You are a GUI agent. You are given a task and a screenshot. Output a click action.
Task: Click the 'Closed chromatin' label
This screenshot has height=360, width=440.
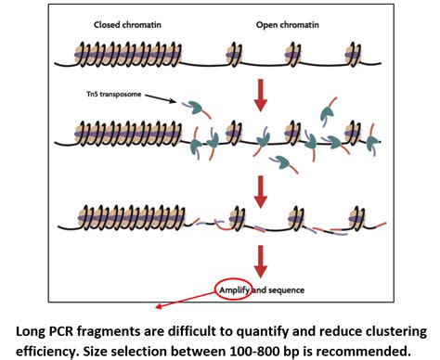coord(129,25)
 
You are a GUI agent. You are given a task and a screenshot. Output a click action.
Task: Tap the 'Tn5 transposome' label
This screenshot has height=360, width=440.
coord(104,92)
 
